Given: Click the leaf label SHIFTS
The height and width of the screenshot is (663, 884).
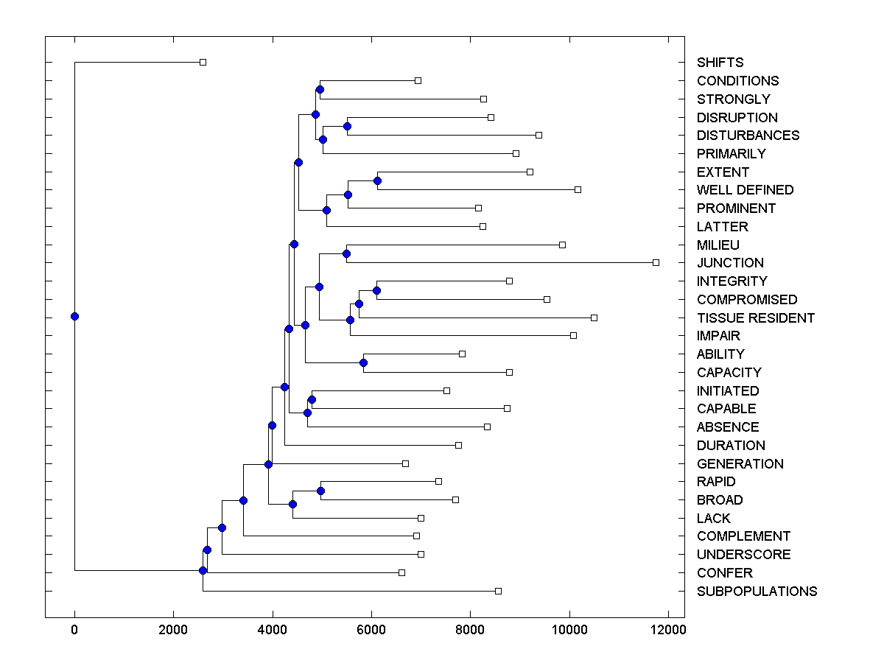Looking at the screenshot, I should [720, 63].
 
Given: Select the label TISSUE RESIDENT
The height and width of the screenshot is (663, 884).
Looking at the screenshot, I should [755, 318].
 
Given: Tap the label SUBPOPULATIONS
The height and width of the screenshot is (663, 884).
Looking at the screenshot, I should [757, 592].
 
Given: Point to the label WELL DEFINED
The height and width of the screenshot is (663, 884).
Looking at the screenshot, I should [745, 190].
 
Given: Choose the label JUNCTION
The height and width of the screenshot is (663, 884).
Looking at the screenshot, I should [730, 263].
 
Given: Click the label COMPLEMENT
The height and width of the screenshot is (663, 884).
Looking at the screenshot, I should [743, 536].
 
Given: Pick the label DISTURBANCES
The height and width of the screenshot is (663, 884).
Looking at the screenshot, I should [748, 136].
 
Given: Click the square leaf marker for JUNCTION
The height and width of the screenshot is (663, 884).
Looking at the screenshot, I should [656, 262].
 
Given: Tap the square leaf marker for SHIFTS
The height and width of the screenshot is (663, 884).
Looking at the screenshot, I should [203, 63].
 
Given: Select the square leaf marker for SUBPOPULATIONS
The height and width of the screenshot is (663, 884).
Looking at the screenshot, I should [498, 591].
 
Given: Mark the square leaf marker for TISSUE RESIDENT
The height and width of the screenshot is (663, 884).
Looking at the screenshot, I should [594, 318].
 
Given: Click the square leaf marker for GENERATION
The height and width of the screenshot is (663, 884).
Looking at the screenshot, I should [405, 463].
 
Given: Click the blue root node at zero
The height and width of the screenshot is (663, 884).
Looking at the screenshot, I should [74, 317].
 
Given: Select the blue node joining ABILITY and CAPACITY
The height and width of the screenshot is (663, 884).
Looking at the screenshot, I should [363, 362].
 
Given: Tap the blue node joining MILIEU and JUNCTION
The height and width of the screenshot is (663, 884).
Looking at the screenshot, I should [346, 253].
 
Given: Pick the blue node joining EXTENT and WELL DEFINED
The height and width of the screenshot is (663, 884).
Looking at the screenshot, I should [377, 180].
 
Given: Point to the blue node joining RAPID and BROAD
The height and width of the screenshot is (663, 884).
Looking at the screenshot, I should [320, 491].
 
